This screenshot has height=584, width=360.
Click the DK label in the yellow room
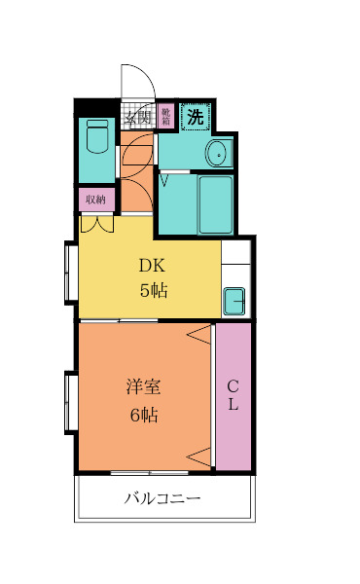[x=152, y=264]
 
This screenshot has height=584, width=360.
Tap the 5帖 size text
[x=152, y=290]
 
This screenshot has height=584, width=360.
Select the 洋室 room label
[x=143, y=386]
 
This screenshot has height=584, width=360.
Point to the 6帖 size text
[x=144, y=415]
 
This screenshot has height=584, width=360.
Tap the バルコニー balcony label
[x=162, y=498]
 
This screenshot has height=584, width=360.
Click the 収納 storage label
[x=95, y=200]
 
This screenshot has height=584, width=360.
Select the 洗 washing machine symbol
[x=196, y=116]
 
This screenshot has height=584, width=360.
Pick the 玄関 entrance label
[x=138, y=119]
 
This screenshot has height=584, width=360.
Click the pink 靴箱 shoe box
[x=166, y=117]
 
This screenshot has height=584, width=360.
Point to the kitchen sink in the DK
[x=235, y=302]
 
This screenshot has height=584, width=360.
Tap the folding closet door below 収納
[x=96, y=223]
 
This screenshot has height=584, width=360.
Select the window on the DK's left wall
[x=71, y=273]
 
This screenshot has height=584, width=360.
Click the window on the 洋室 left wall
[x=70, y=401]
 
